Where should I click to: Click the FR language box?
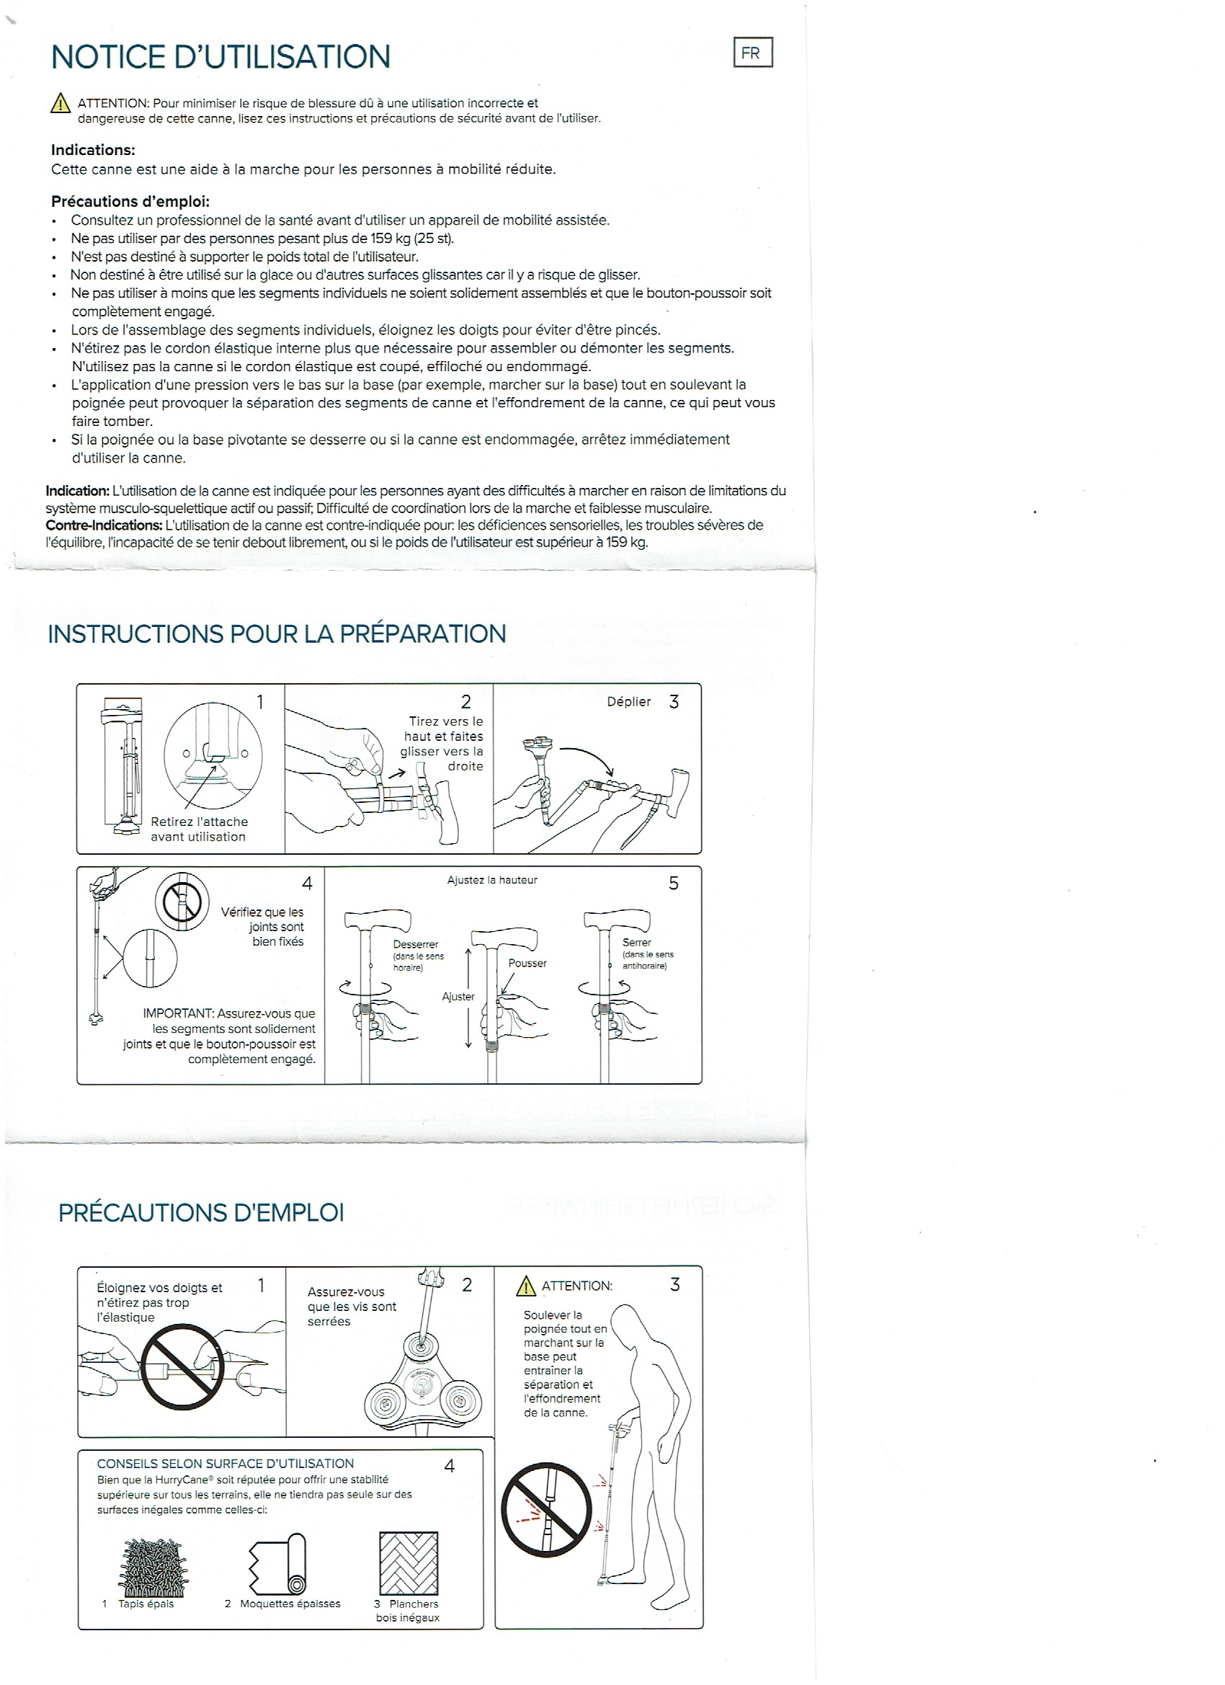752,53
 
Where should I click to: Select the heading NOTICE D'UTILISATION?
220,57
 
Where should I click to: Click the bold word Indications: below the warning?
93,150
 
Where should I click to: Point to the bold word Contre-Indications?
104,525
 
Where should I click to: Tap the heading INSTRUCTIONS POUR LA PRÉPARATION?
277,633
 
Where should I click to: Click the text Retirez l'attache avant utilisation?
199,829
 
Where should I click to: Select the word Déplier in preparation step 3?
628,702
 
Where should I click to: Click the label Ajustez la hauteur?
491,881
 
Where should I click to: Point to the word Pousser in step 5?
527,964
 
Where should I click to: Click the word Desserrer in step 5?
415,945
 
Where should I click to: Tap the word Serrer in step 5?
637,942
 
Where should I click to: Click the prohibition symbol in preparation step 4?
182,902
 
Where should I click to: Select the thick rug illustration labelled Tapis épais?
153,1568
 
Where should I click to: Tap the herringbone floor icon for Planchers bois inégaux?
408,1563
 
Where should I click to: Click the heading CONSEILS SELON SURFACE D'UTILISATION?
225,1464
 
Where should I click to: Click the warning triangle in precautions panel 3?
526,1286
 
